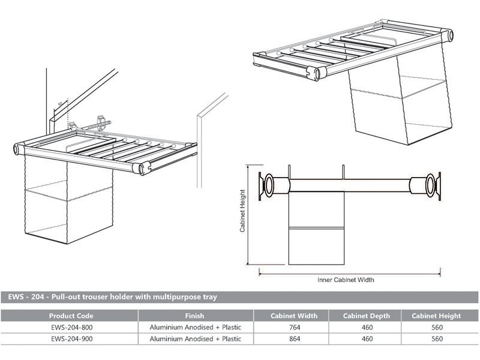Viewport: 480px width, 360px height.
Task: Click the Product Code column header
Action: click(70, 316)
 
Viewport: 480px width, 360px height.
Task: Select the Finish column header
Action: click(194, 316)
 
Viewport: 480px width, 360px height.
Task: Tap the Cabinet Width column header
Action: click(295, 316)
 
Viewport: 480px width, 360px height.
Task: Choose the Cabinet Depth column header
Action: click(367, 316)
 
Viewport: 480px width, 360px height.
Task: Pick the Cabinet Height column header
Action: click(436, 316)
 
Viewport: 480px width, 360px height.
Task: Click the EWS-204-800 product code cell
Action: click(70, 327)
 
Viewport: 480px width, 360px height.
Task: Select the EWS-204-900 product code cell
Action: click(70, 338)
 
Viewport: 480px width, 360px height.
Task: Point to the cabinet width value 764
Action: click(295, 327)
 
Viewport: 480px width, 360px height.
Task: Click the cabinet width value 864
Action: click(295, 338)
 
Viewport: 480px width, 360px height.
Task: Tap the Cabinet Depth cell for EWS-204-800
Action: click(367, 327)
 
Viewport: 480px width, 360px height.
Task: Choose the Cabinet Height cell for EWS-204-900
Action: click(436, 338)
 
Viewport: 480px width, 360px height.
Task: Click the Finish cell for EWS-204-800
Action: click(194, 327)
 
